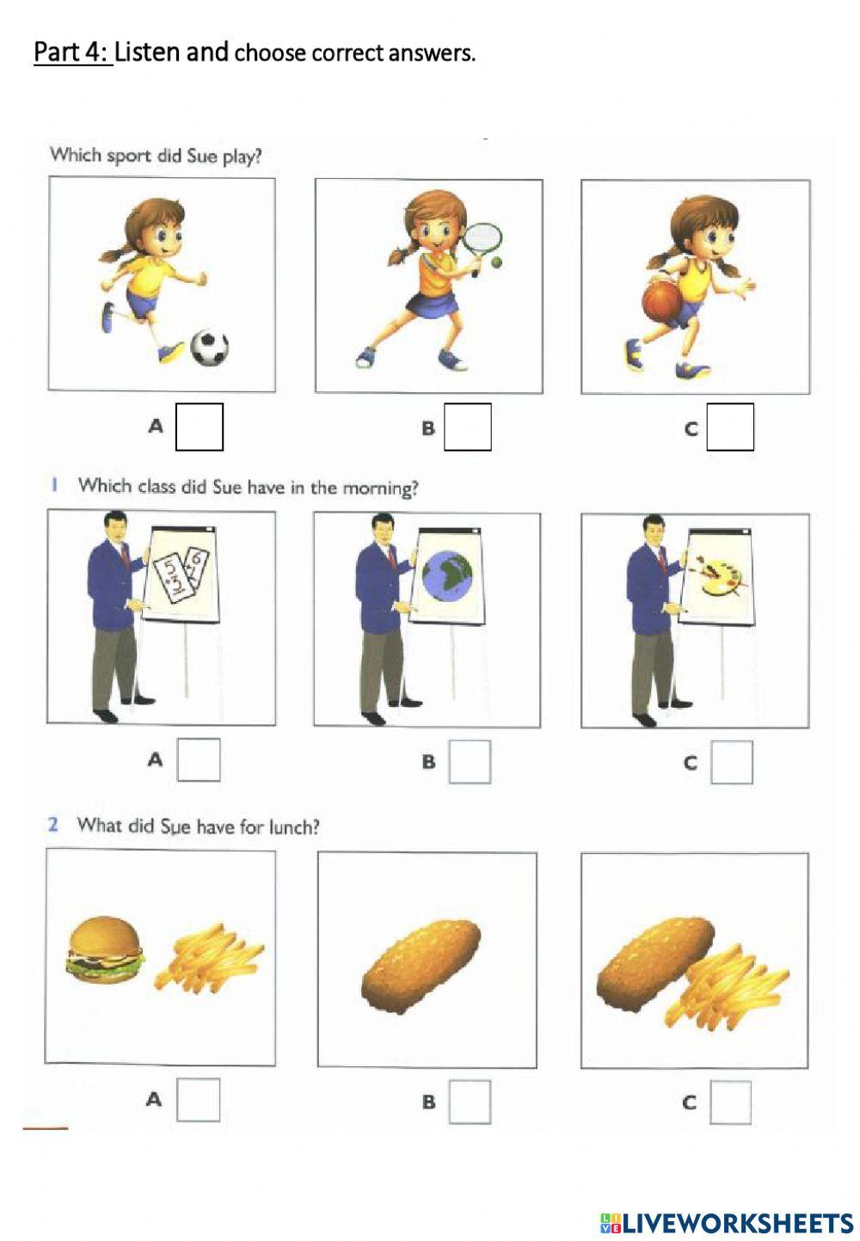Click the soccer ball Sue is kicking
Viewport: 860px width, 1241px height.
point(209,347)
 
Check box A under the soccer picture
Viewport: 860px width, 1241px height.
point(200,427)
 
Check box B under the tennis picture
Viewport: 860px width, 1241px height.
point(467,427)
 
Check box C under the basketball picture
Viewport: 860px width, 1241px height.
point(730,427)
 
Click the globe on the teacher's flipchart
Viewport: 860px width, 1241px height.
point(447,575)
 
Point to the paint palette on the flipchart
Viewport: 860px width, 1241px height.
point(716,575)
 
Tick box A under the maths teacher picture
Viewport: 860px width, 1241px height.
point(199,759)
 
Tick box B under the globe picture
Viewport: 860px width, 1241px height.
point(470,762)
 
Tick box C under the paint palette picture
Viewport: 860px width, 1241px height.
point(732,762)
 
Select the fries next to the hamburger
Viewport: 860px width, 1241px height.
point(209,957)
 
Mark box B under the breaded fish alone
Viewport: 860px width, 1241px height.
point(470,1102)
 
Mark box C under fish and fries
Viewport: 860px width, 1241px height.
point(730,1103)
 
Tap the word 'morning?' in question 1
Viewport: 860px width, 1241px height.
point(380,488)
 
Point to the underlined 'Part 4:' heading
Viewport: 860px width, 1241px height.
point(72,52)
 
